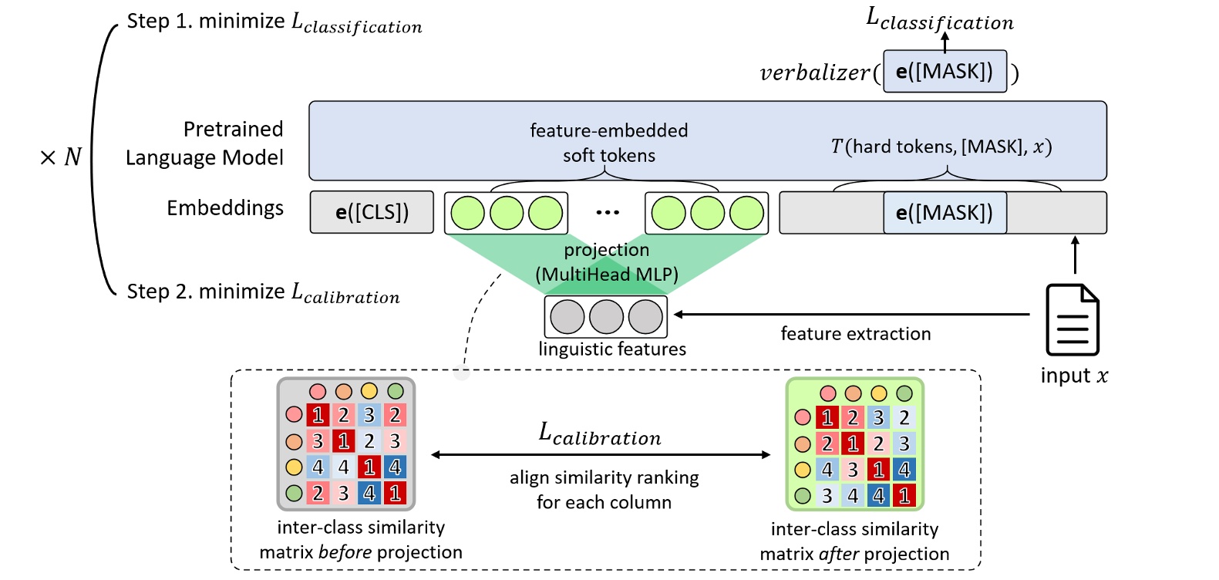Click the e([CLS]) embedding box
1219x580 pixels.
tap(372, 212)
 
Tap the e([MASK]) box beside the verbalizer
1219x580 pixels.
tap(945, 72)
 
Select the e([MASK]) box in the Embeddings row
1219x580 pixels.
tap(945, 213)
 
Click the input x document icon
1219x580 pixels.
tap(1072, 320)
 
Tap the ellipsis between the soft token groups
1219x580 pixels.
tap(607, 213)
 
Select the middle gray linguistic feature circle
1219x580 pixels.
tap(606, 317)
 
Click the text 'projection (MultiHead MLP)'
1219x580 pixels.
tap(606, 262)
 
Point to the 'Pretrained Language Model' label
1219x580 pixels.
tap(205, 143)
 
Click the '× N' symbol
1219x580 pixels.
tap(60, 157)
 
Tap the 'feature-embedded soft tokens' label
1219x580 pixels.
tap(608, 143)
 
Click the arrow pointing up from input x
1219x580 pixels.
tap(1075, 255)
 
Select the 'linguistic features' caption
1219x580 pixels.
tap(612, 349)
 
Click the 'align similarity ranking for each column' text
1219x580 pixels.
tap(604, 490)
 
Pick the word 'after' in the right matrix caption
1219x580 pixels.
tap(838, 554)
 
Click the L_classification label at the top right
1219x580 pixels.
tap(940, 19)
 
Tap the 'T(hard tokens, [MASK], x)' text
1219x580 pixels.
tap(941, 147)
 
